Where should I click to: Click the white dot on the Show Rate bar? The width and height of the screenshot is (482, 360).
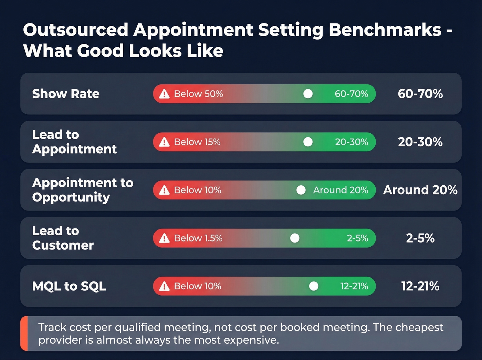tap(308, 94)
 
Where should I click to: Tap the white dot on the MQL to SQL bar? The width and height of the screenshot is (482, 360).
tap(313, 286)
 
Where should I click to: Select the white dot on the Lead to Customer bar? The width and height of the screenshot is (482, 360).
tap(295, 238)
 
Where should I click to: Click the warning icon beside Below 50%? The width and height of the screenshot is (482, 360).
tap(164, 94)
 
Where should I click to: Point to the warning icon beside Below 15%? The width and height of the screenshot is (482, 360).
tap(164, 142)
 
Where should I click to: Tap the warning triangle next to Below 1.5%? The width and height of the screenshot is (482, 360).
tap(164, 238)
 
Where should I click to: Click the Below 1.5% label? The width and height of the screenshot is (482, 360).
tap(198, 238)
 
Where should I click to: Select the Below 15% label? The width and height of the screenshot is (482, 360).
tap(197, 142)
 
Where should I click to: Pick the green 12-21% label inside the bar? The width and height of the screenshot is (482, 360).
tap(354, 286)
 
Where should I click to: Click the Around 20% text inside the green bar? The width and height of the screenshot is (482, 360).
tap(340, 190)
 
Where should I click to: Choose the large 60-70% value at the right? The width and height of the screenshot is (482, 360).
tap(420, 94)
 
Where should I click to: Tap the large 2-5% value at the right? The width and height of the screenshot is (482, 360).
tap(420, 238)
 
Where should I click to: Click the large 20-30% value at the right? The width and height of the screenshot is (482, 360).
tap(420, 142)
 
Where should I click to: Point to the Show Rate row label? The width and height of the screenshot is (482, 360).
tap(66, 94)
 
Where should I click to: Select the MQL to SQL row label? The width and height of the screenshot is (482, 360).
tap(69, 286)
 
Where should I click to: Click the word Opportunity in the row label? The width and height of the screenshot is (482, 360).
tap(71, 197)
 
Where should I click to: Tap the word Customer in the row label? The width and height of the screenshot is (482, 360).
tap(63, 245)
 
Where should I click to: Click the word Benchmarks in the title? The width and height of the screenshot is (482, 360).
tap(385, 30)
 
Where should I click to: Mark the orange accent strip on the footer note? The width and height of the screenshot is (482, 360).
tap(24, 333)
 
